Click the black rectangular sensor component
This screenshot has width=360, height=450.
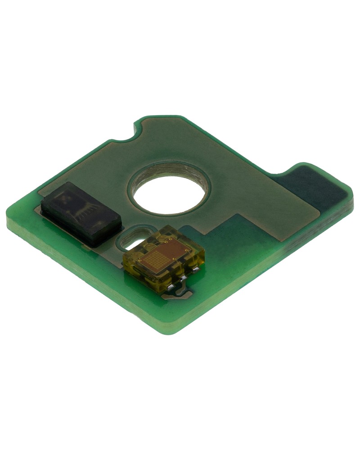[81, 214]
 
